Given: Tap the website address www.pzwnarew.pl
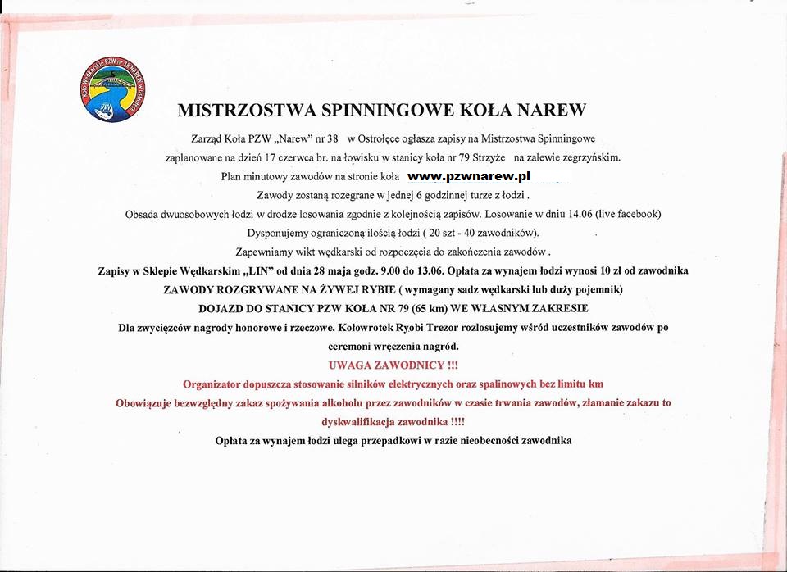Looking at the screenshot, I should (x=469, y=176).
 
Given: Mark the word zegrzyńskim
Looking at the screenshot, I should (x=585, y=157).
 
